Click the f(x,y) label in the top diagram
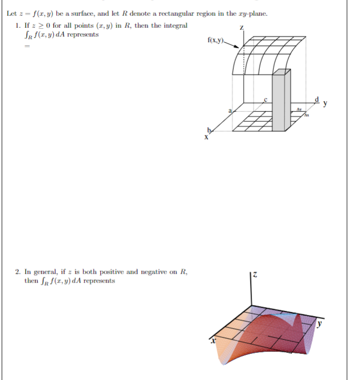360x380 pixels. [x=215, y=40]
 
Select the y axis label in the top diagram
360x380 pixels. [x=326, y=103]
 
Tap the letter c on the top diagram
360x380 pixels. [x=265, y=99]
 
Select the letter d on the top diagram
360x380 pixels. [x=317, y=99]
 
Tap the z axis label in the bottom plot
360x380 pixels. [x=256, y=274]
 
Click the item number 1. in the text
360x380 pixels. [x=19, y=25]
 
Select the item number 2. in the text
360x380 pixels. [x=19, y=272]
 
